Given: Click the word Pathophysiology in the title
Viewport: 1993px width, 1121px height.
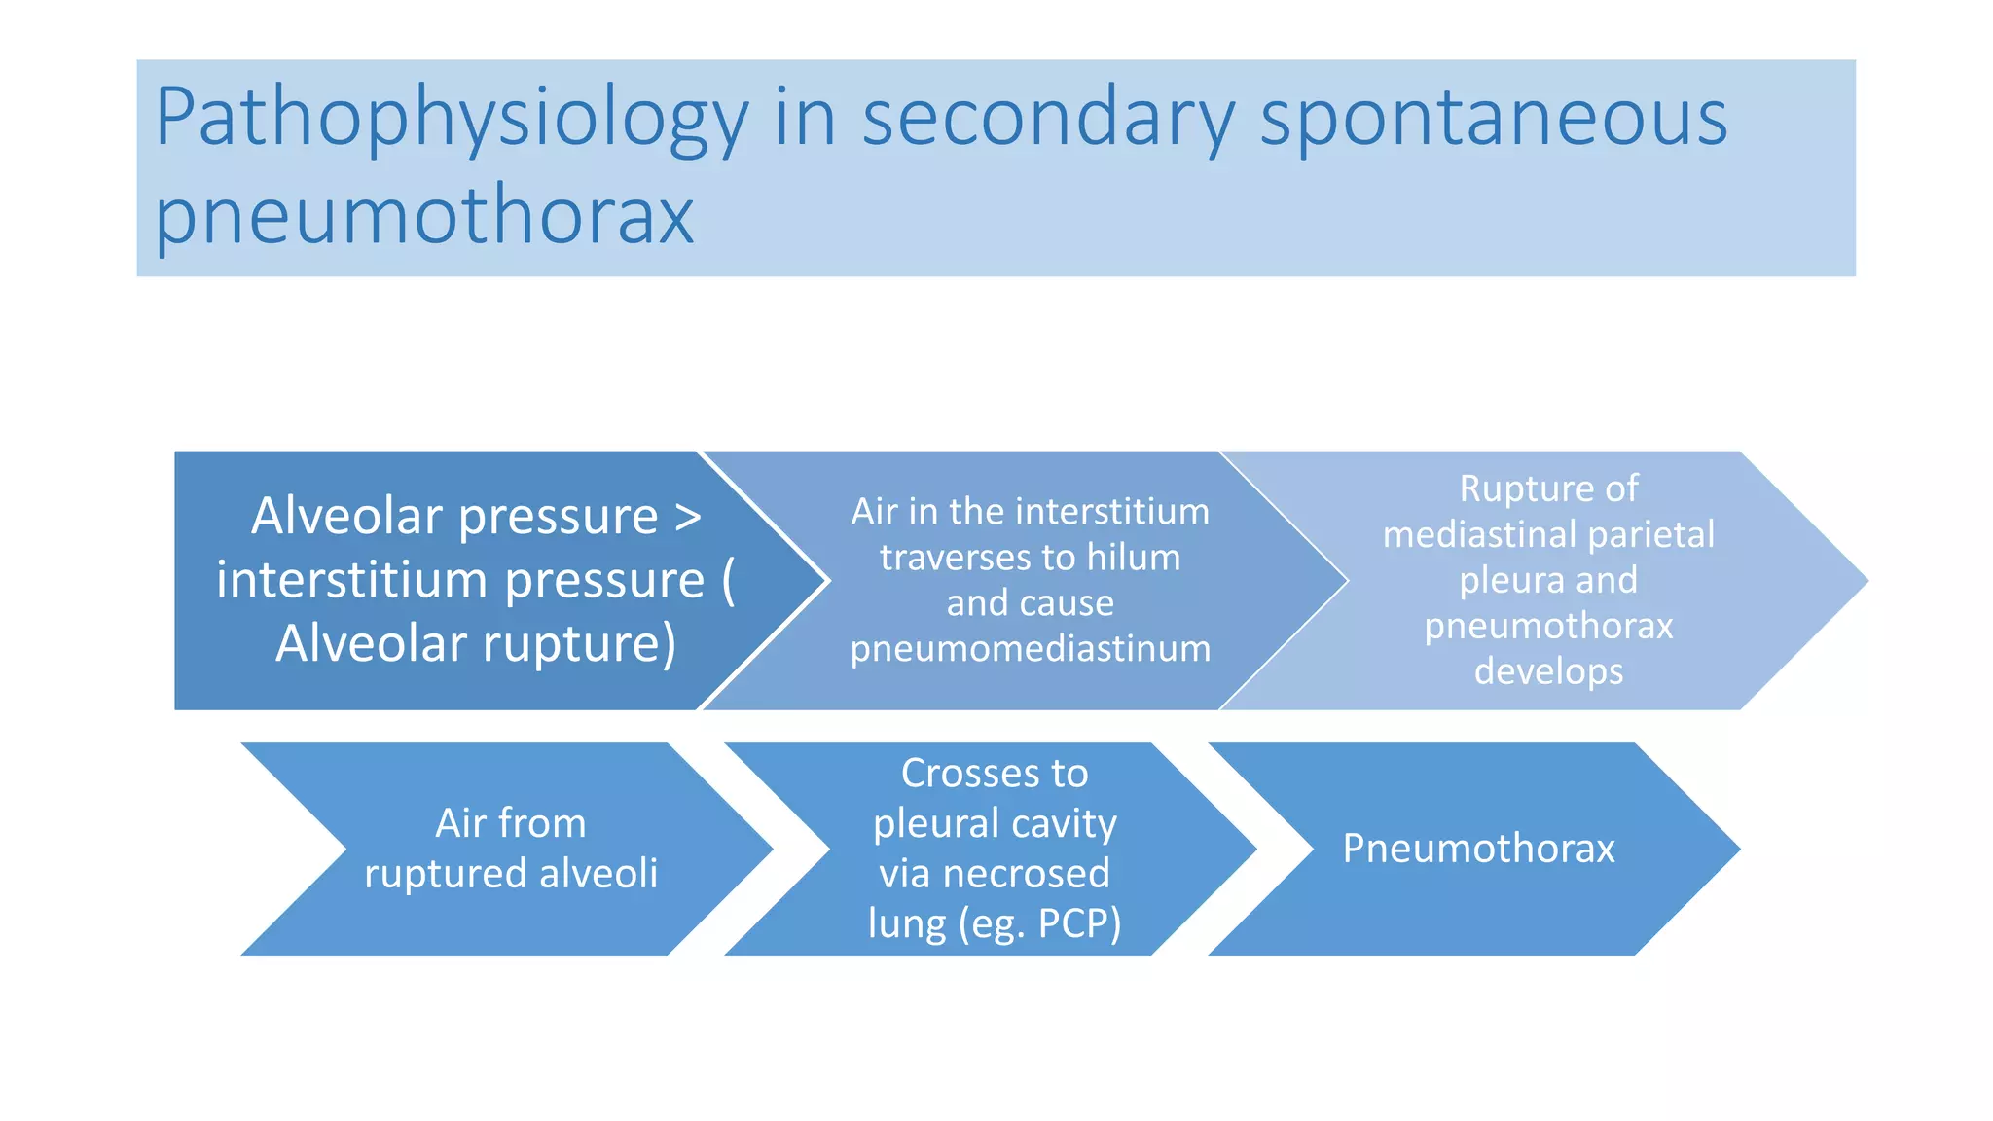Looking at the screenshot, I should (x=452, y=119).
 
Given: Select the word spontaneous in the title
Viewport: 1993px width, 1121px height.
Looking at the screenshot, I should (x=1493, y=119).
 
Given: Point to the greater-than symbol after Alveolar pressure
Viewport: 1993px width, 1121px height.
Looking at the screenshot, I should (x=688, y=517).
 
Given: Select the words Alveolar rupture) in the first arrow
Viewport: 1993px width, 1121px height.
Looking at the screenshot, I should (x=475, y=644).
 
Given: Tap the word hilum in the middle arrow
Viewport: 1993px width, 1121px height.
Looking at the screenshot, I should (x=1133, y=558).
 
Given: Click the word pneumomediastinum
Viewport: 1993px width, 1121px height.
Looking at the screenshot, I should (x=1030, y=649).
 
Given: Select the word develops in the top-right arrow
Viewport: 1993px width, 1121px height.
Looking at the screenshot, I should (x=1547, y=671).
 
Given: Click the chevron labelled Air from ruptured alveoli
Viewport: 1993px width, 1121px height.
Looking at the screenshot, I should (x=510, y=849).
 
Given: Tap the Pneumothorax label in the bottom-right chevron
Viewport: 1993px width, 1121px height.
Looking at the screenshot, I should (x=1477, y=849).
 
